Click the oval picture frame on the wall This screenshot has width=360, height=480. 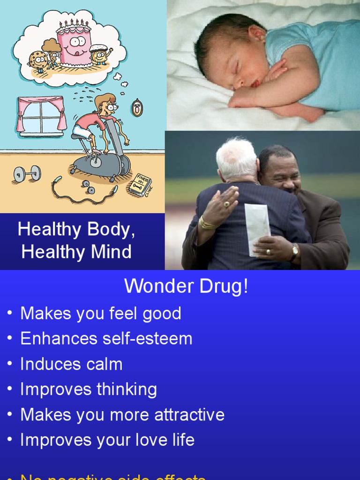137,108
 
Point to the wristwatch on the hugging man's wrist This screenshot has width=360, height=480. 294,252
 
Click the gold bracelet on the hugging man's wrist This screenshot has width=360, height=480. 207,224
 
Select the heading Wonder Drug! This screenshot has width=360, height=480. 186,286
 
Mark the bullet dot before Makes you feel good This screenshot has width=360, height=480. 10,314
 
